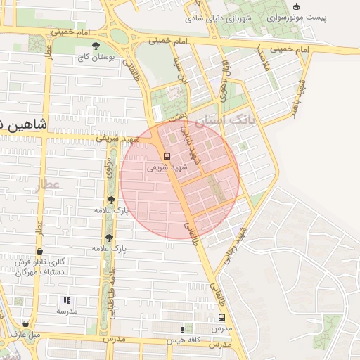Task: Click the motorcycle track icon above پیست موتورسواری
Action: (297, 6)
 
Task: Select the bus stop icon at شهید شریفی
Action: (167, 156)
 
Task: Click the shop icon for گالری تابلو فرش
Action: (39, 250)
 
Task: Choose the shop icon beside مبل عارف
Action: (26, 323)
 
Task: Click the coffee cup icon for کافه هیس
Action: (183, 329)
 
